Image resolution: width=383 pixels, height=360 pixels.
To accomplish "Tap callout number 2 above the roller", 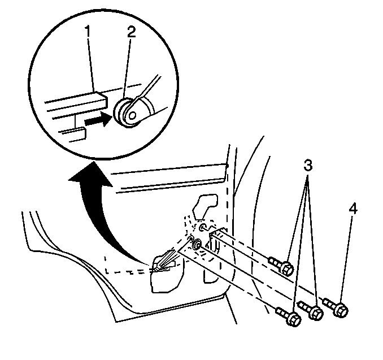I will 131,32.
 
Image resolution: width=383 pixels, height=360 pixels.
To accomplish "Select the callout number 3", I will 308,166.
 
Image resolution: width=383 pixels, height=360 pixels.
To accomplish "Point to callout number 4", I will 353,209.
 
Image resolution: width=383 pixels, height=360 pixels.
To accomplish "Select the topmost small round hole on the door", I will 203,227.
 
